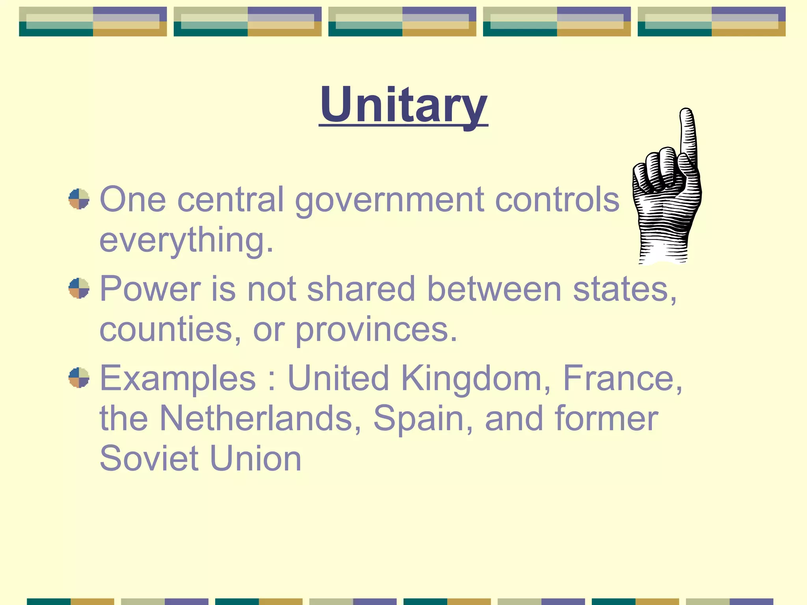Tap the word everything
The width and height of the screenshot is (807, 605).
tap(186, 240)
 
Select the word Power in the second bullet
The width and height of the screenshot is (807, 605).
tap(150, 289)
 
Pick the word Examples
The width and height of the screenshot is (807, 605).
tap(178, 378)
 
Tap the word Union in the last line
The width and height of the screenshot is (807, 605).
tap(256, 458)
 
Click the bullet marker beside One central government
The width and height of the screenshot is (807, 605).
tap(79, 199)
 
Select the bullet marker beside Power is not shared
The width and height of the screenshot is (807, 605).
tap(79, 288)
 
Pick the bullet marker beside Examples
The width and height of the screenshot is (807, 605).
tap(79, 378)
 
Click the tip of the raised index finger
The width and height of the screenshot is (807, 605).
tap(686, 112)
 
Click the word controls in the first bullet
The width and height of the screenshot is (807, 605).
tap(557, 200)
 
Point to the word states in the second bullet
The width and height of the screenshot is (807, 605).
tap(624, 289)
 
